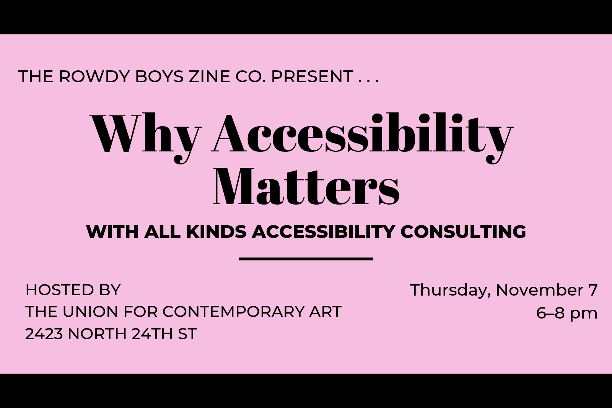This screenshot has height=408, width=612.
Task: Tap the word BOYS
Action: tap(159, 76)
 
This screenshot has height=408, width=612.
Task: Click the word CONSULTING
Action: tap(463, 232)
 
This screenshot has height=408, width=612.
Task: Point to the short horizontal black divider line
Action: tap(306, 258)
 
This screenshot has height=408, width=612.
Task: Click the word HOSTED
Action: tap(60, 290)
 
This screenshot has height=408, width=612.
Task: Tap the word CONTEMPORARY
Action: tap(233, 312)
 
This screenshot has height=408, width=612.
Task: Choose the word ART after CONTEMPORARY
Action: tap(325, 312)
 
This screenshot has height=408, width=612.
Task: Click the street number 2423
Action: tap(44, 334)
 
